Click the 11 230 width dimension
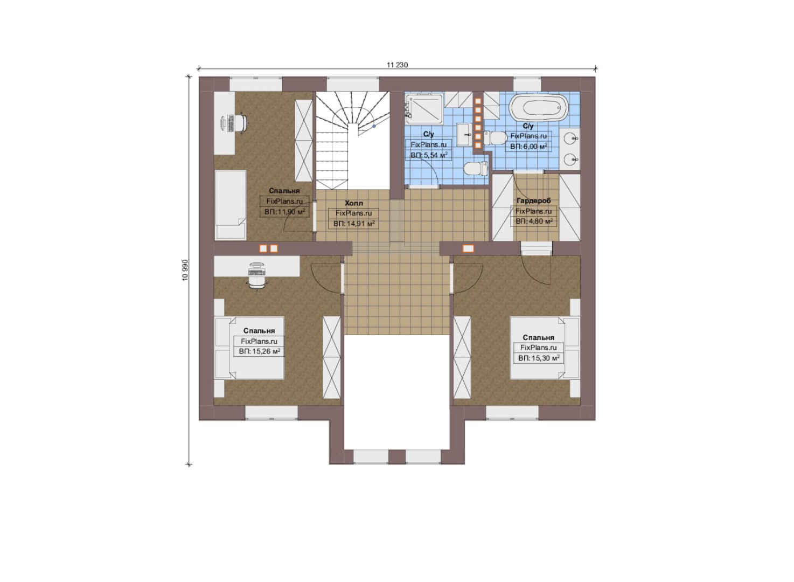coord(397,65)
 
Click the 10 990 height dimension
coord(185,270)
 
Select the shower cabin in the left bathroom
coord(424,108)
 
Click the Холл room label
coord(354,203)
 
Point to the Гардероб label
coord(533,201)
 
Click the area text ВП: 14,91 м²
coord(354,224)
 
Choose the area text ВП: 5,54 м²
coord(429,155)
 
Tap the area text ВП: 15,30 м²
coord(539,358)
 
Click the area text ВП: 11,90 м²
coord(284,212)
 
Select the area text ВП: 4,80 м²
coord(533,221)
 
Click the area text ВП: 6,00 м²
coord(528,146)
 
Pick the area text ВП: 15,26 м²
coord(259,351)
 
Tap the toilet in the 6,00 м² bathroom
coord(495,138)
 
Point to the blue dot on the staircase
coord(374,126)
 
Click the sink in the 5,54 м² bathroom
coord(464,135)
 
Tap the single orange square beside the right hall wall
coord(468,248)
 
